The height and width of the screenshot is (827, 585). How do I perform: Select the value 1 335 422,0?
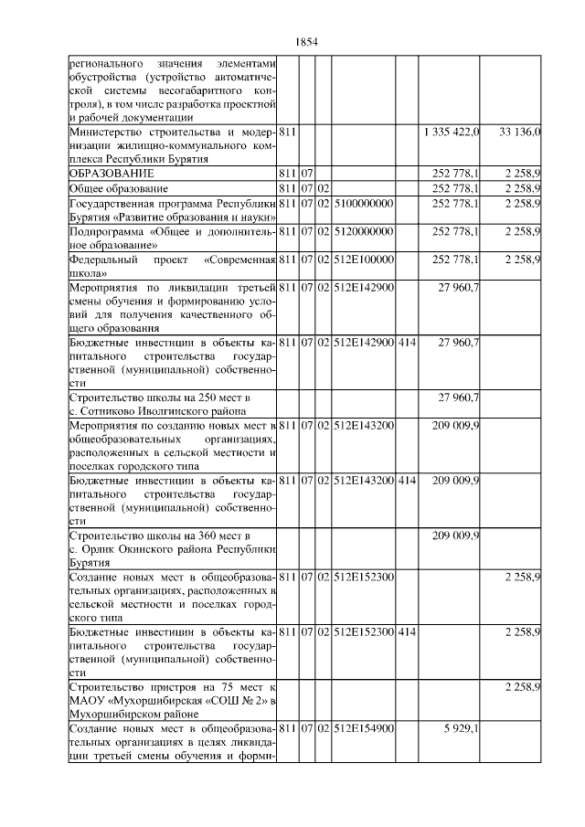(x=452, y=133)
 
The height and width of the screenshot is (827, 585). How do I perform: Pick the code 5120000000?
(x=363, y=231)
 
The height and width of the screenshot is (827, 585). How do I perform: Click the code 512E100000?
(x=363, y=260)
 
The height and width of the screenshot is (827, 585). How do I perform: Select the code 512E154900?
(x=363, y=728)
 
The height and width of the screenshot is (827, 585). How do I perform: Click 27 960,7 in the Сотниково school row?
(x=459, y=396)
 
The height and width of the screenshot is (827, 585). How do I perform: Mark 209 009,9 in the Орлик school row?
(x=455, y=535)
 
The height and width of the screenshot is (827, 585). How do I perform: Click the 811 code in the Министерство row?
(x=287, y=133)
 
